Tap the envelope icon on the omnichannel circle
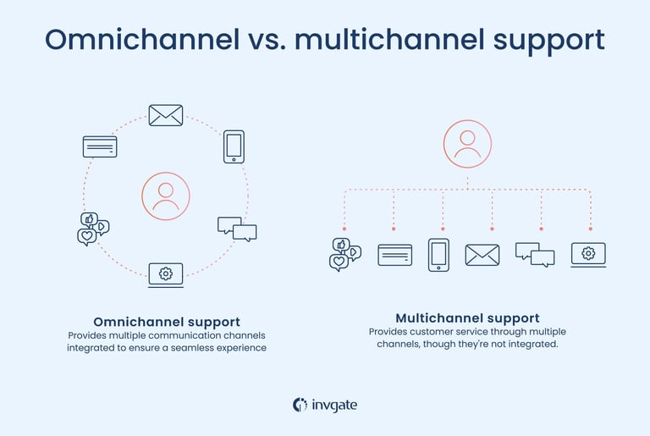[x=166, y=115]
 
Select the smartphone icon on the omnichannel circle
[x=234, y=146]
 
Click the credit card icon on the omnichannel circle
[x=100, y=146]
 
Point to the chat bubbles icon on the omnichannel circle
[x=237, y=229]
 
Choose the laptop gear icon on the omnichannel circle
[x=166, y=274]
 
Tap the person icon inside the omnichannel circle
[x=166, y=196]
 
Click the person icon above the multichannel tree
[x=467, y=144]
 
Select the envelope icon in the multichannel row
[x=482, y=255]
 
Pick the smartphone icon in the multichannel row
[x=438, y=254]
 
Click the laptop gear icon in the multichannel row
[x=588, y=254]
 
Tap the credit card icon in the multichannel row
[x=394, y=255]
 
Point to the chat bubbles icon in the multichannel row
[x=535, y=254]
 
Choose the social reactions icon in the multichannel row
[x=344, y=254]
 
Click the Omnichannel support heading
[x=166, y=322]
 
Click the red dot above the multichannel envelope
[x=492, y=229]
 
